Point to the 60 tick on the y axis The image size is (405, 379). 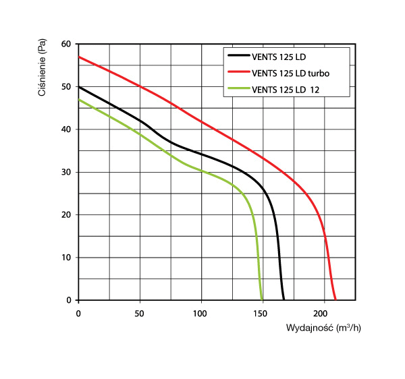pyautogui.click(x=66, y=45)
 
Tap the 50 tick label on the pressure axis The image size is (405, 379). pyautogui.click(x=66, y=87)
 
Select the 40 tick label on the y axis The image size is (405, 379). pyautogui.click(x=66, y=129)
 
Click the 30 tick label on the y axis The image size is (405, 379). pyautogui.click(x=66, y=172)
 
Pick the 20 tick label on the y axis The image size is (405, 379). pyautogui.click(x=66, y=214)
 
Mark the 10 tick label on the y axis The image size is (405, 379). pyautogui.click(x=66, y=257)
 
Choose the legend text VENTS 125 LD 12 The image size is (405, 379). pyautogui.click(x=287, y=89)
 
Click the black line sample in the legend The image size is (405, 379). pyautogui.click(x=238, y=55)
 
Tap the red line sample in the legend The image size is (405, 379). pyautogui.click(x=238, y=72)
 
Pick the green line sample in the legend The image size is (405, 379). pyautogui.click(x=238, y=89)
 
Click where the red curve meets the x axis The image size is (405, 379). pyautogui.click(x=335, y=299)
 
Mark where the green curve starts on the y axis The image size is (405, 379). pyautogui.click(x=79, y=100)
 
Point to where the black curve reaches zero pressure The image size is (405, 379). pyautogui.click(x=284, y=299)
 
